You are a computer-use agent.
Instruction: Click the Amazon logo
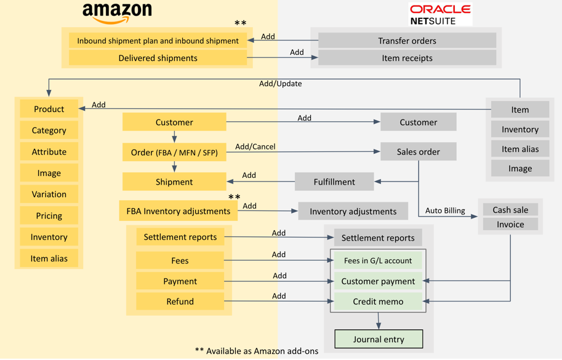pyautogui.click(x=117, y=14)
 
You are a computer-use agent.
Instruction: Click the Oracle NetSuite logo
pyautogui.click(x=440, y=14)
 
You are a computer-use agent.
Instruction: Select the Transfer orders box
pyautogui.click(x=407, y=41)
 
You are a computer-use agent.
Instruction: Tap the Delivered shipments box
pyautogui.click(x=158, y=58)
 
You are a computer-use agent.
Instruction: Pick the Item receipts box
pyautogui.click(x=407, y=58)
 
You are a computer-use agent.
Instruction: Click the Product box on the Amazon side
pyautogui.click(x=49, y=109)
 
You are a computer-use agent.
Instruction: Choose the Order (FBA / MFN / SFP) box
pyautogui.click(x=174, y=152)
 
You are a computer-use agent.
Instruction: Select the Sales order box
pyautogui.click(x=419, y=151)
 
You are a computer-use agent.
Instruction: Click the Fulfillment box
pyautogui.click(x=334, y=182)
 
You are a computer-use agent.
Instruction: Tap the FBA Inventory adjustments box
pyautogui.click(x=178, y=211)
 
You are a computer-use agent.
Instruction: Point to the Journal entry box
pyautogui.click(x=379, y=339)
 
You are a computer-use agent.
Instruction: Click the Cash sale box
pyautogui.click(x=510, y=210)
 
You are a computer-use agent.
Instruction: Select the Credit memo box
pyautogui.click(x=378, y=302)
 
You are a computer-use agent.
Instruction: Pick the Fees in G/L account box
pyautogui.click(x=378, y=260)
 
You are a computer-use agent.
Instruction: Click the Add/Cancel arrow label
pyautogui.click(x=255, y=146)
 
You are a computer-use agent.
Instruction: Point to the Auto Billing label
pyautogui.click(x=445, y=210)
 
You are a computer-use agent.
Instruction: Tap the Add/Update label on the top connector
pyautogui.click(x=280, y=84)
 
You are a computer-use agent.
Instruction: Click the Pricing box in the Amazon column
pyautogui.click(x=49, y=215)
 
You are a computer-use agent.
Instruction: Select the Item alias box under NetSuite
pyautogui.click(x=520, y=149)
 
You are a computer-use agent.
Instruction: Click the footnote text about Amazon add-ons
pyautogui.click(x=257, y=351)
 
